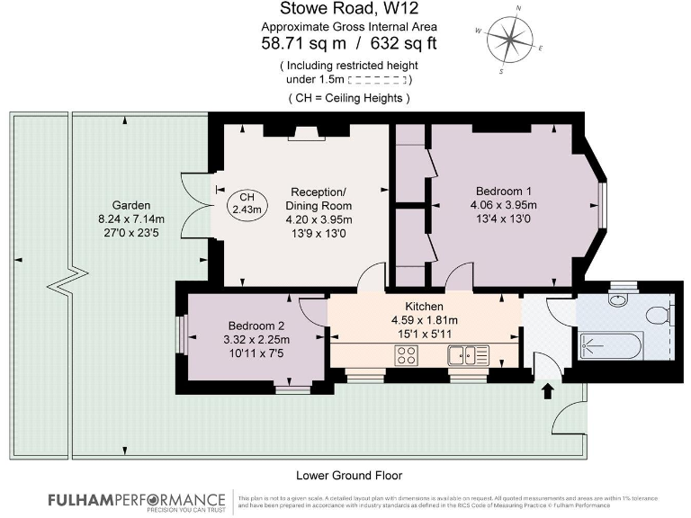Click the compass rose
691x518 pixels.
(x=516, y=39)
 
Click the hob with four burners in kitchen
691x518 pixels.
(x=406, y=355)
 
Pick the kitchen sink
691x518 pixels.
(x=468, y=355)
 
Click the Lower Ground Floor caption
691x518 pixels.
(x=349, y=475)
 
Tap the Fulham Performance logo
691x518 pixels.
(x=137, y=501)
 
